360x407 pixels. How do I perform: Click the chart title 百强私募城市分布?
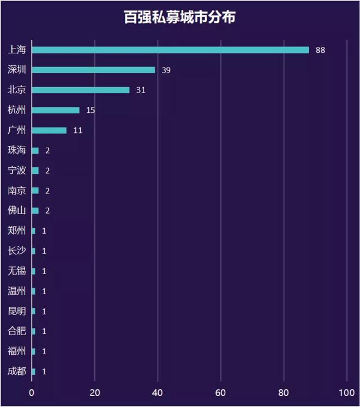pos(179,17)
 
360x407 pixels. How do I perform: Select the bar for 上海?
pos(170,50)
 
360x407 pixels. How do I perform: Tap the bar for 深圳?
pos(93,70)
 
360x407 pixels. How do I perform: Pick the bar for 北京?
pos(81,90)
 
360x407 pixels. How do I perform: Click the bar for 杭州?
pos(56,110)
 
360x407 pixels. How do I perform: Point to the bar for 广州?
pos(49,130)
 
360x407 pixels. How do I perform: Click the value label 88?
pos(320,50)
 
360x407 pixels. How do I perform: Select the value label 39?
pos(166,70)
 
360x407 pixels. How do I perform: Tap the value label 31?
pos(141,90)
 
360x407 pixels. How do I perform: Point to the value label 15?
pos(91,110)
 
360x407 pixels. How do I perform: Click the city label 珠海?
pos(16,150)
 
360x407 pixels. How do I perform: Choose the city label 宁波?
pos(16,171)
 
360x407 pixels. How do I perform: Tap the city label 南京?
pos(16,191)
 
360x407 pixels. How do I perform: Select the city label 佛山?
pos(16,211)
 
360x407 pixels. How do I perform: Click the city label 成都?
pos(16,372)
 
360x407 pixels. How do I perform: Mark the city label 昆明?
pos(16,311)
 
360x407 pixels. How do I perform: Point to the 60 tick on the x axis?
pos(221,392)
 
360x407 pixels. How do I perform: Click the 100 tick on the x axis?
pos(346,392)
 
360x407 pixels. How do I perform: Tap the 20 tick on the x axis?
pos(95,392)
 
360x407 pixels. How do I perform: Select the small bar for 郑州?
pos(33,231)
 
